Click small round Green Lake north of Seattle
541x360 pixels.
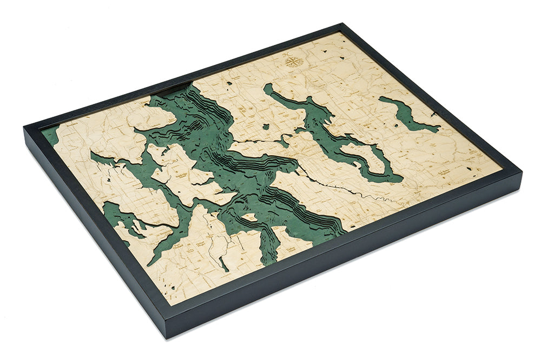tap(266, 126)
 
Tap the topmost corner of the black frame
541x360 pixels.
tap(342, 24)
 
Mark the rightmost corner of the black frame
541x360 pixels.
tap(521, 172)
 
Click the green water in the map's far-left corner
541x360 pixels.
tap(50, 135)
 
